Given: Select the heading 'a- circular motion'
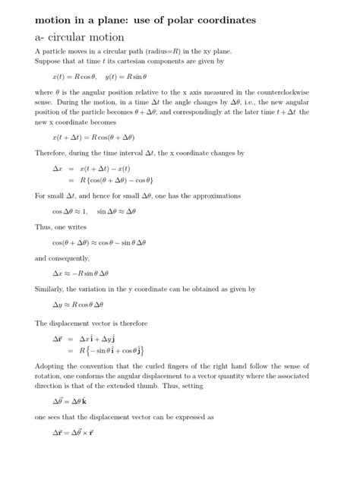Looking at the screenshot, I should pyautogui.click(x=83, y=35).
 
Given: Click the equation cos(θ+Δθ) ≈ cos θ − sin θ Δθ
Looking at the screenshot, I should pyautogui.click(x=98, y=243).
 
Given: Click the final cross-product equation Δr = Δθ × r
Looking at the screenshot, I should pyautogui.click(x=73, y=434).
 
